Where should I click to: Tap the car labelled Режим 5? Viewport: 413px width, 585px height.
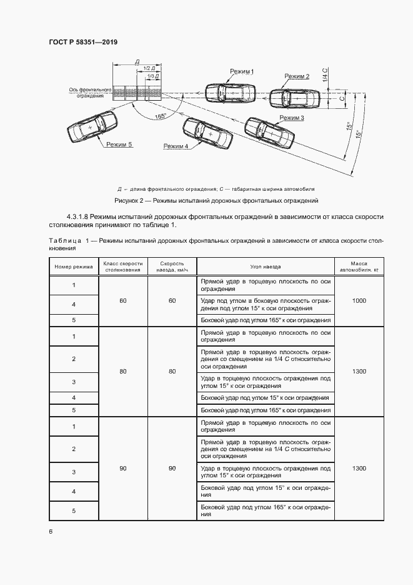click(x=91, y=127)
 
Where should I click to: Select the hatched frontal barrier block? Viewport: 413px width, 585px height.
click(x=136, y=93)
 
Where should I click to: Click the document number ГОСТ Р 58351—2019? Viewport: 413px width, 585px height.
click(x=83, y=42)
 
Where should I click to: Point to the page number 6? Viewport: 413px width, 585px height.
click(x=51, y=531)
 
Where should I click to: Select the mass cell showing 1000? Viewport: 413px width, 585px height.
click(x=359, y=301)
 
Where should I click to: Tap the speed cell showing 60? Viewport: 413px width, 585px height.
click(x=172, y=301)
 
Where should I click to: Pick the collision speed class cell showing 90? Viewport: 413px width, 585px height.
click(x=123, y=468)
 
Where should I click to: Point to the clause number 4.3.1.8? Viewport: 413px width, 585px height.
click(x=77, y=216)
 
